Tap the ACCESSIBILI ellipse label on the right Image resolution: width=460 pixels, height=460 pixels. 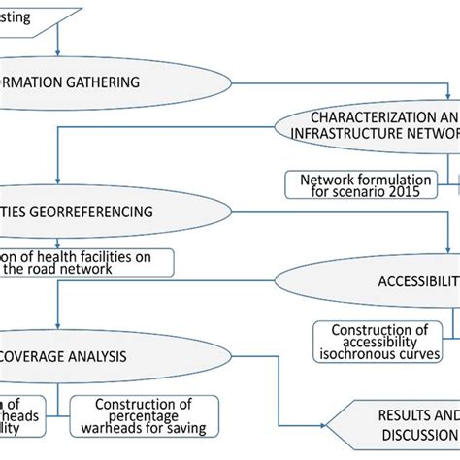pos(417,281)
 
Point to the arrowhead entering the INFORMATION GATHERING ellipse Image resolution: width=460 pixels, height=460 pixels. pos(60,52)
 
